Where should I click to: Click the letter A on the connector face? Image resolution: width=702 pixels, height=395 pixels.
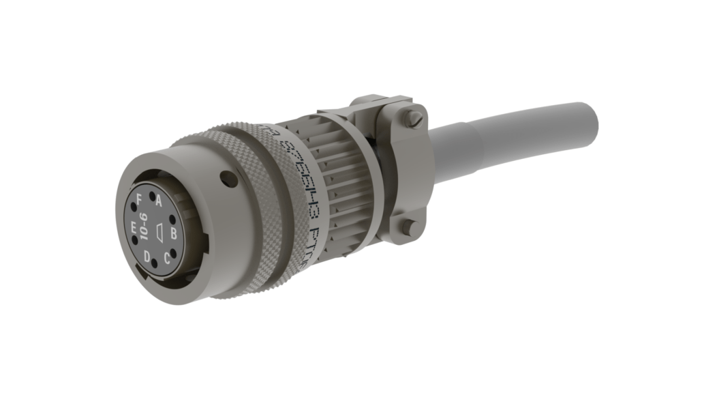[x=159, y=201]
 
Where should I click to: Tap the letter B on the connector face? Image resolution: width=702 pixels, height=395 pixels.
[x=174, y=234]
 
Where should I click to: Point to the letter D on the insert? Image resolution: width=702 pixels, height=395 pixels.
[x=147, y=256]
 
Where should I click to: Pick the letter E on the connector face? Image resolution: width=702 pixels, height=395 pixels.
[x=134, y=228]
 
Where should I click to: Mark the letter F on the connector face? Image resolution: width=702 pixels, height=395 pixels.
[x=140, y=199]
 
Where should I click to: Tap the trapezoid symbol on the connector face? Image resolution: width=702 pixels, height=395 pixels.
[x=158, y=231]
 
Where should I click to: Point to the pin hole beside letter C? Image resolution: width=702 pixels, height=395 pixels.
[x=172, y=252]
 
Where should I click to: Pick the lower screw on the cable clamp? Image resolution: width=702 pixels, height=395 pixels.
[x=408, y=227]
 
